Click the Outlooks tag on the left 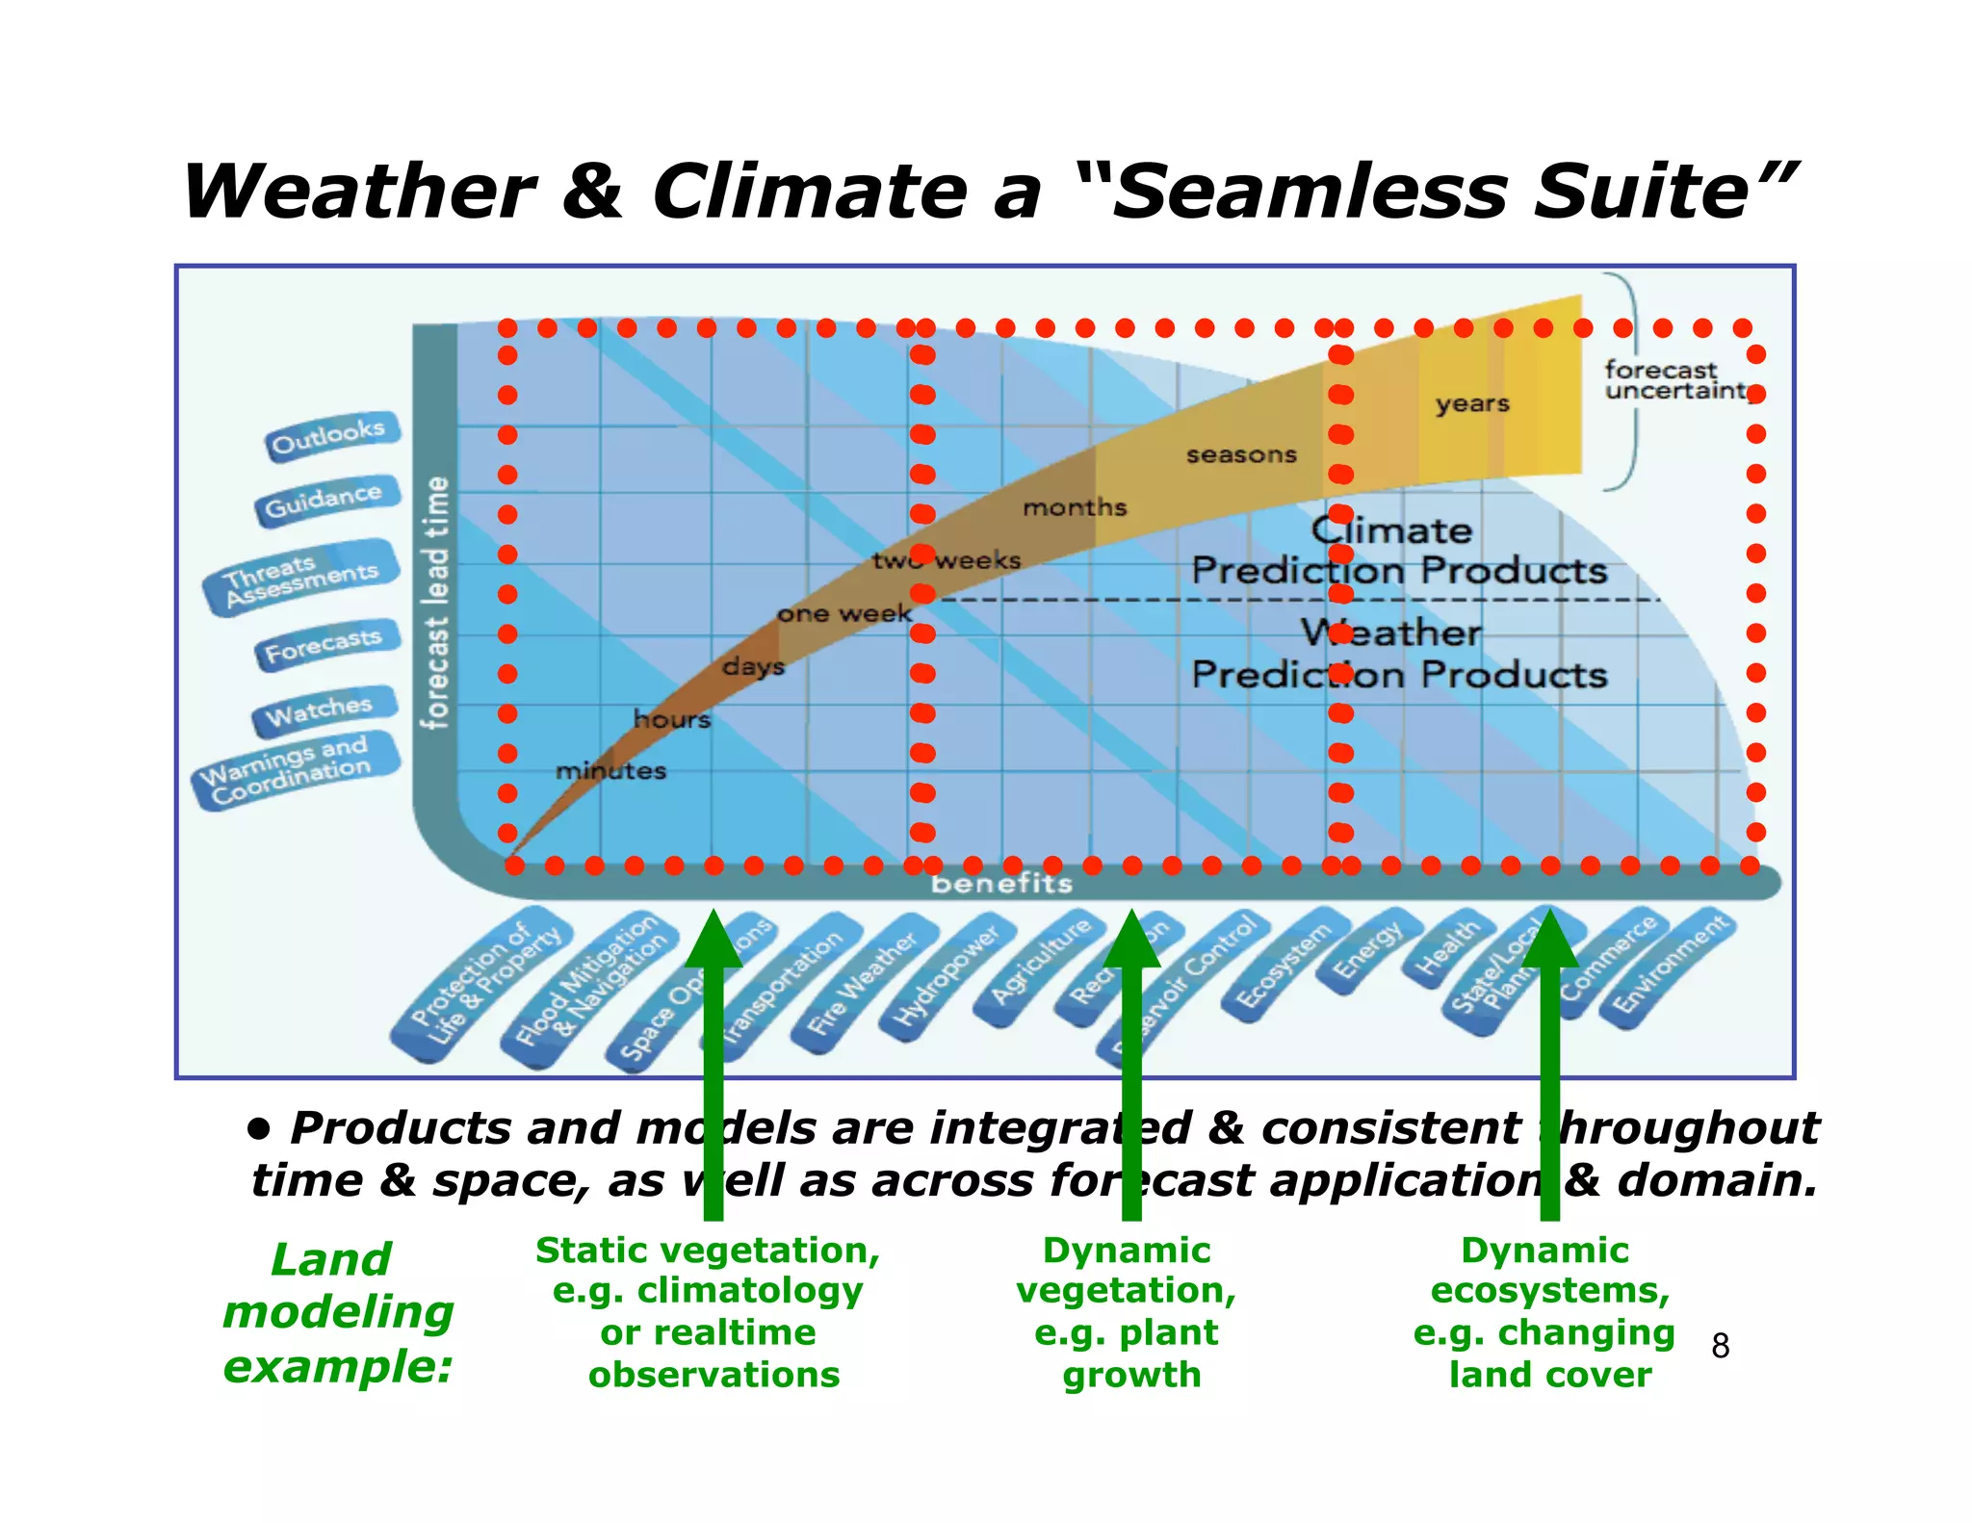click(329, 436)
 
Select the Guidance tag click(325, 500)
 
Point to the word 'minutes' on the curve click(610, 771)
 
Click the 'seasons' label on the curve click(1241, 454)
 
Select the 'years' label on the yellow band click(1472, 403)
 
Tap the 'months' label click(1075, 507)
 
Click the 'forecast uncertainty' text click(1674, 380)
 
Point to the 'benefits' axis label click(1001, 884)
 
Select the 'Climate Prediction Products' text click(1398, 552)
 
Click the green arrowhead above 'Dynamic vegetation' click(1131, 940)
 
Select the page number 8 click(1720, 1346)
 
